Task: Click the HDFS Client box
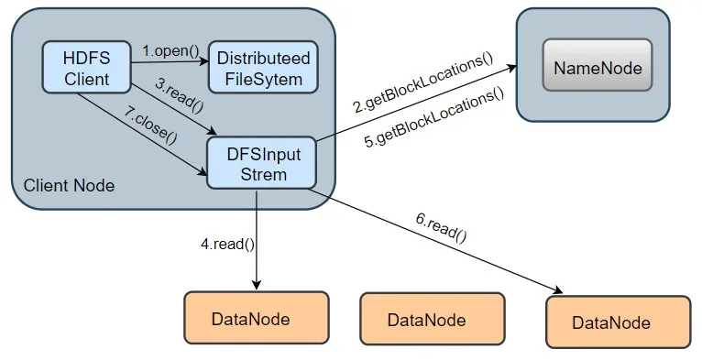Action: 86,67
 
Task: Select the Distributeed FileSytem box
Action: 263,68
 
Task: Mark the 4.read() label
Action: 226,245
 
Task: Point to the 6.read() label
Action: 441,226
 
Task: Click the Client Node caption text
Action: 69,185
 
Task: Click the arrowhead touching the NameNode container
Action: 510,67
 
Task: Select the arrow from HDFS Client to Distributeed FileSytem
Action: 169,62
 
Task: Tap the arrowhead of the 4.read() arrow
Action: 256,285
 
